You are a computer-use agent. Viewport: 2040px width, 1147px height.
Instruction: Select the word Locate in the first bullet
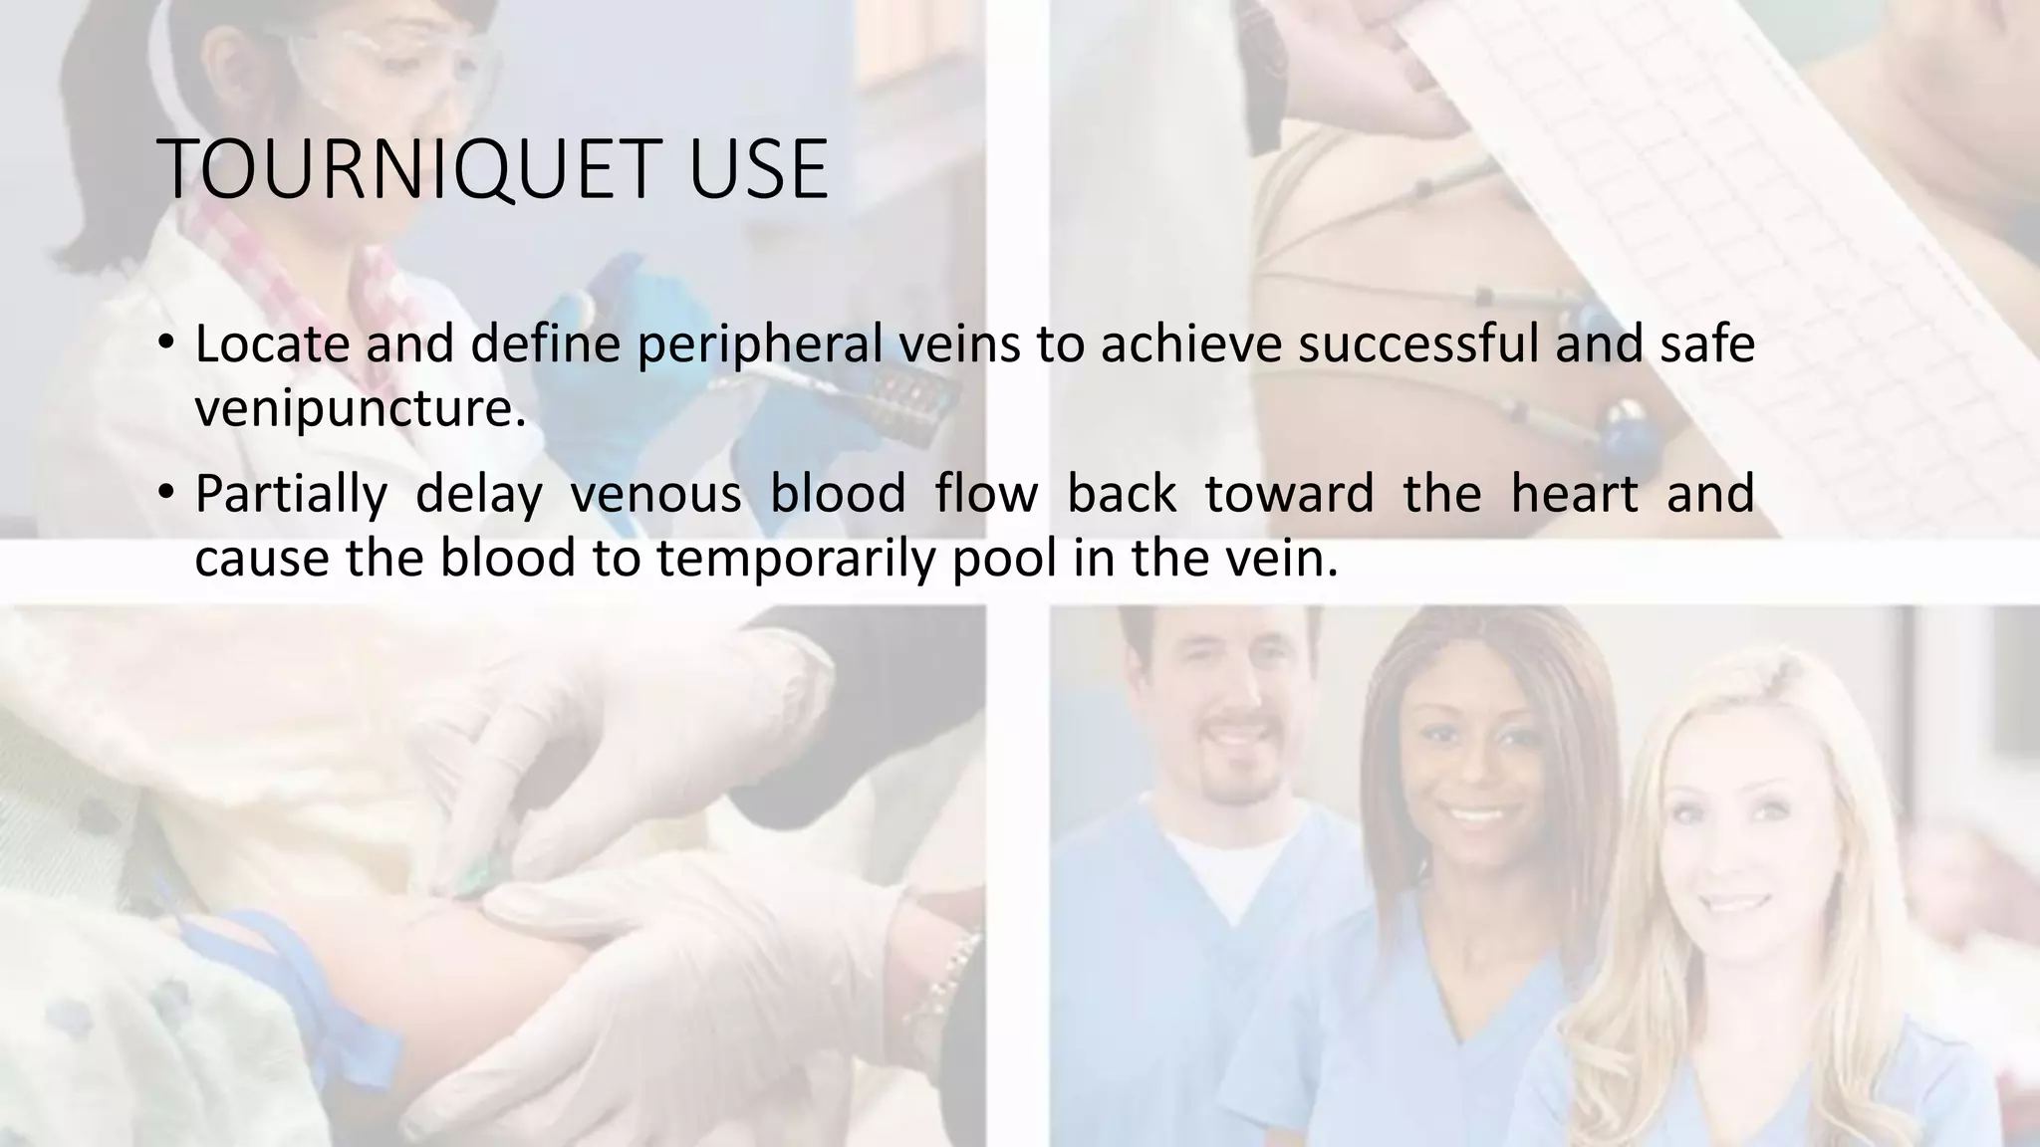tap(272, 344)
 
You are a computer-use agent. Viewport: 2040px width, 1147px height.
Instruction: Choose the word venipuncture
tap(359, 408)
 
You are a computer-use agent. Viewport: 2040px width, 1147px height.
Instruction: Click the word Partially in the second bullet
tap(290, 495)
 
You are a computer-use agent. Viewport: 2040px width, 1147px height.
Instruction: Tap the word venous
tap(655, 495)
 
